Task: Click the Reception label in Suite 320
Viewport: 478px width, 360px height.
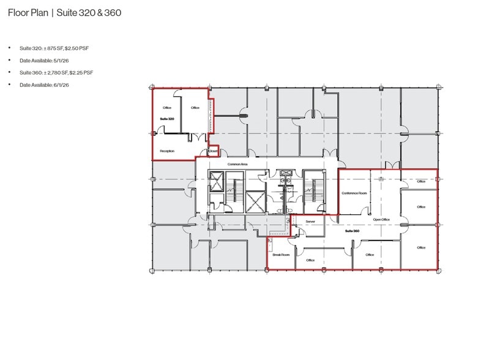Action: click(167, 151)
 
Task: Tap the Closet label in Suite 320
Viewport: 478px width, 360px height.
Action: click(213, 151)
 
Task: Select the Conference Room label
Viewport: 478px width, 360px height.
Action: click(354, 193)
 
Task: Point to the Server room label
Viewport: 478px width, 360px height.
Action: click(310, 222)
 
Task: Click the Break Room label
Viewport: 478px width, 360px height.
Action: click(281, 255)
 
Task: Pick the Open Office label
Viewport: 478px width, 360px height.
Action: click(381, 219)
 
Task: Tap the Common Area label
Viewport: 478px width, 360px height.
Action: click(237, 164)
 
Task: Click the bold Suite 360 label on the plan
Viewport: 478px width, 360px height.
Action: click(352, 231)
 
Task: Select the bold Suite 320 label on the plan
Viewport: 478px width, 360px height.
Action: click(167, 119)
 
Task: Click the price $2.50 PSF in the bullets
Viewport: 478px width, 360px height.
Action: click(77, 48)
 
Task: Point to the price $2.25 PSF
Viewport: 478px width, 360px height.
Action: click(81, 72)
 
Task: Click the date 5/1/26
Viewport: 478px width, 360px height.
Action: click(61, 61)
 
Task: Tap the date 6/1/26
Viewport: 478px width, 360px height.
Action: click(61, 85)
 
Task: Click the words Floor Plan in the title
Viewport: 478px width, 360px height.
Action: click(28, 13)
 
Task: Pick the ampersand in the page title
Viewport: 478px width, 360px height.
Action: click(100, 13)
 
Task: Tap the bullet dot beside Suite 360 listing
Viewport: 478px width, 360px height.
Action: click(9, 72)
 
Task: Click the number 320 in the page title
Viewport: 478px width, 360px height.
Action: click(87, 13)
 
